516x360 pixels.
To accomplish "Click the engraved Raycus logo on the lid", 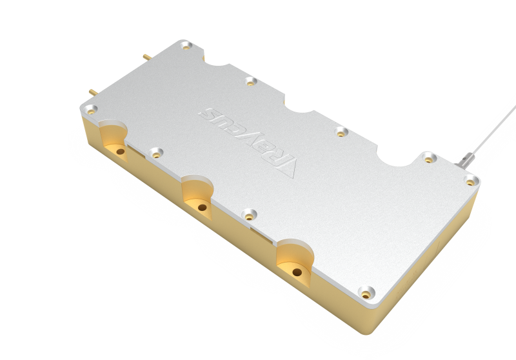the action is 248,142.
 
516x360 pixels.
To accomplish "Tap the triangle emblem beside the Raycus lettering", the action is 286,168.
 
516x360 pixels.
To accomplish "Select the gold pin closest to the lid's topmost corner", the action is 147,57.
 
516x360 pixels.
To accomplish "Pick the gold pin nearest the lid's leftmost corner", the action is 93,92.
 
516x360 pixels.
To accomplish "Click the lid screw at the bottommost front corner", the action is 366,293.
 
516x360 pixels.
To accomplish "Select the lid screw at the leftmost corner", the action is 91,109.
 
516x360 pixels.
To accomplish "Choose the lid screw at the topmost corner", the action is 186,45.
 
